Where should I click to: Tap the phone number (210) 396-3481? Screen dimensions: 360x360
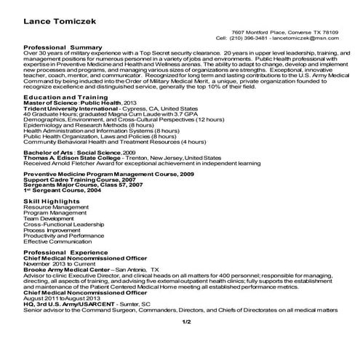point(252,38)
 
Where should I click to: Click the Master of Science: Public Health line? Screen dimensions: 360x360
point(73,103)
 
